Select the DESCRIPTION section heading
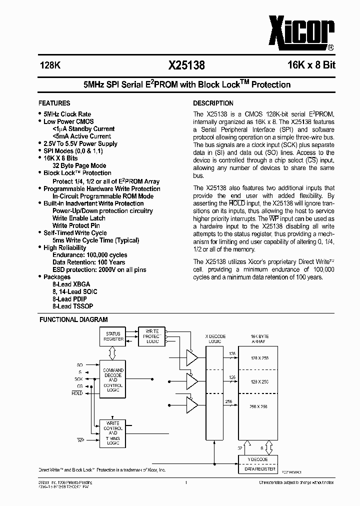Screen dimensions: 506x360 pyautogui.click(x=213, y=103)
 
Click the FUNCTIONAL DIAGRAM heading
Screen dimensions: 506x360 pyautogui.click(x=73, y=319)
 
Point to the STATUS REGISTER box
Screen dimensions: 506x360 pyautogui.click(x=113, y=336)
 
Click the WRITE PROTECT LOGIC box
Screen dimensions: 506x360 pyautogui.click(x=152, y=336)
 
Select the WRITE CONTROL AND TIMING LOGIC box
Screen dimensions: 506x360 pyautogui.click(x=113, y=433)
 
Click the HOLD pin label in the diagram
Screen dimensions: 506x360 pyautogui.click(x=77, y=393)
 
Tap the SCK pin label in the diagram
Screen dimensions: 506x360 pyautogui.click(x=79, y=379)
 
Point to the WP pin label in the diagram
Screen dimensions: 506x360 pyautogui.click(x=79, y=440)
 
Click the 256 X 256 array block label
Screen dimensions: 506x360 pyautogui.click(x=258, y=406)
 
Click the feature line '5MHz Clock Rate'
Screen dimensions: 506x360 pyautogui.click(x=67, y=114)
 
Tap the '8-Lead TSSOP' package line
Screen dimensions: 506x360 pyautogui.click(x=72, y=306)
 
